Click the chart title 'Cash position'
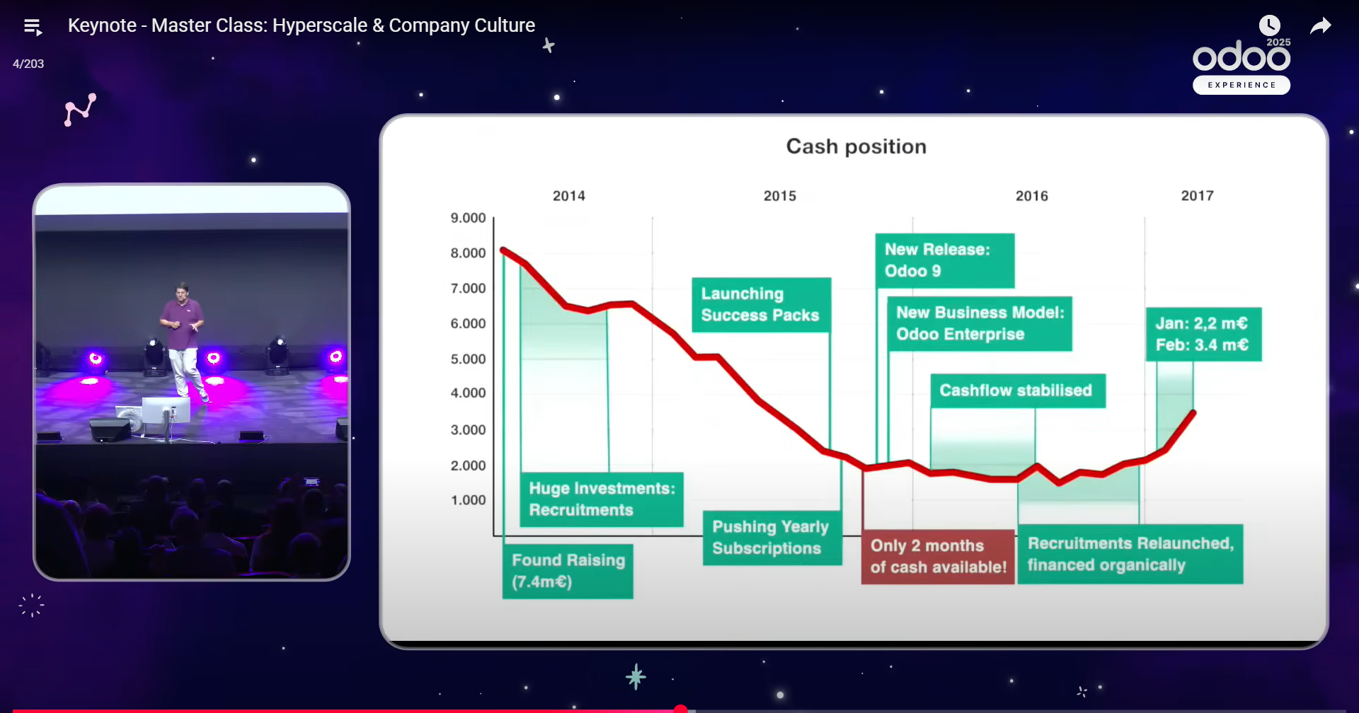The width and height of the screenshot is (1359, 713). click(x=856, y=146)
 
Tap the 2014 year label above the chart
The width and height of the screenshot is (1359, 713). click(x=569, y=196)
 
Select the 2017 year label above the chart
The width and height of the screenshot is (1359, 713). click(x=1197, y=196)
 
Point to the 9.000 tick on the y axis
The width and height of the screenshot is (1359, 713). click(x=468, y=218)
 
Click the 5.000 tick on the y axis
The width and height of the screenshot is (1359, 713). click(x=468, y=359)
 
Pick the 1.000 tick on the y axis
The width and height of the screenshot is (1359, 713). click(x=468, y=500)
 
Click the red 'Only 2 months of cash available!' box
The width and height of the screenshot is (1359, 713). click(x=938, y=557)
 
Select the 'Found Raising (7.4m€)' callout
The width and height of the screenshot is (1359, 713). click(x=568, y=571)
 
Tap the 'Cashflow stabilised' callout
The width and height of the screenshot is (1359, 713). click(x=1018, y=390)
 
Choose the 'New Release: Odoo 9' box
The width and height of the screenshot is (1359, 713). click(x=945, y=260)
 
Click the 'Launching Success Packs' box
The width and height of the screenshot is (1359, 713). click(x=761, y=305)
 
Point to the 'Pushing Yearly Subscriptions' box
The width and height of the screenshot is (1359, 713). click(x=772, y=538)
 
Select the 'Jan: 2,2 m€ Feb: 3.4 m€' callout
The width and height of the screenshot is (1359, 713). click(x=1203, y=335)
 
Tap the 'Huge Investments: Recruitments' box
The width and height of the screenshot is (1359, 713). click(x=602, y=499)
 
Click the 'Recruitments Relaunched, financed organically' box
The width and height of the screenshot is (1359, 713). click(x=1130, y=554)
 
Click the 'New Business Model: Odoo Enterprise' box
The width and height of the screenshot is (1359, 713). click(x=980, y=323)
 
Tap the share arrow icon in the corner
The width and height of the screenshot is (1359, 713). click(x=1321, y=26)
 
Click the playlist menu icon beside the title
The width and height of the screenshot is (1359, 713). click(x=33, y=28)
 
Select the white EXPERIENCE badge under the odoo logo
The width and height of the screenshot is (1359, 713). click(x=1242, y=85)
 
